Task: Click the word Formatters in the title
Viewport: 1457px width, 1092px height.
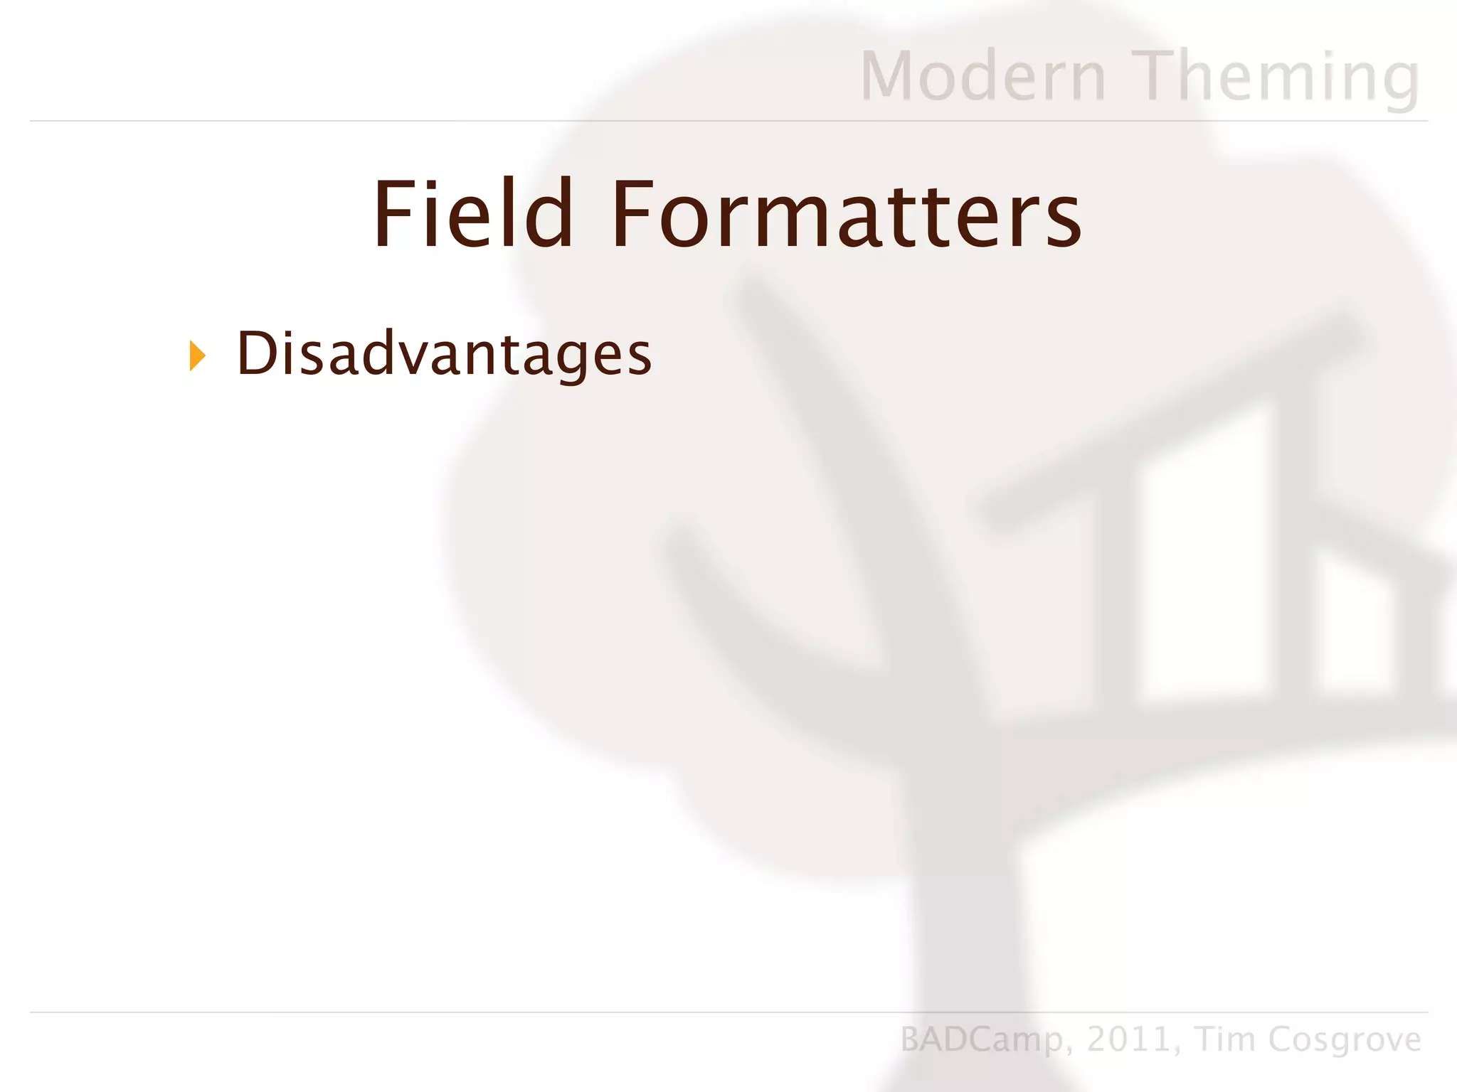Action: click(x=847, y=215)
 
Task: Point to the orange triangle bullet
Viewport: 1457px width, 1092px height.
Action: click(x=197, y=355)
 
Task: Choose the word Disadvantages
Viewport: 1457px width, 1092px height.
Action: click(x=444, y=354)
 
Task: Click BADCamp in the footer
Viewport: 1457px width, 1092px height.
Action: click(x=982, y=1040)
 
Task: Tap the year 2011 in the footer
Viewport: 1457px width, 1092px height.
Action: click(x=1130, y=1039)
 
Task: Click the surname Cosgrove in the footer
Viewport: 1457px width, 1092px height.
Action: click(x=1345, y=1040)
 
